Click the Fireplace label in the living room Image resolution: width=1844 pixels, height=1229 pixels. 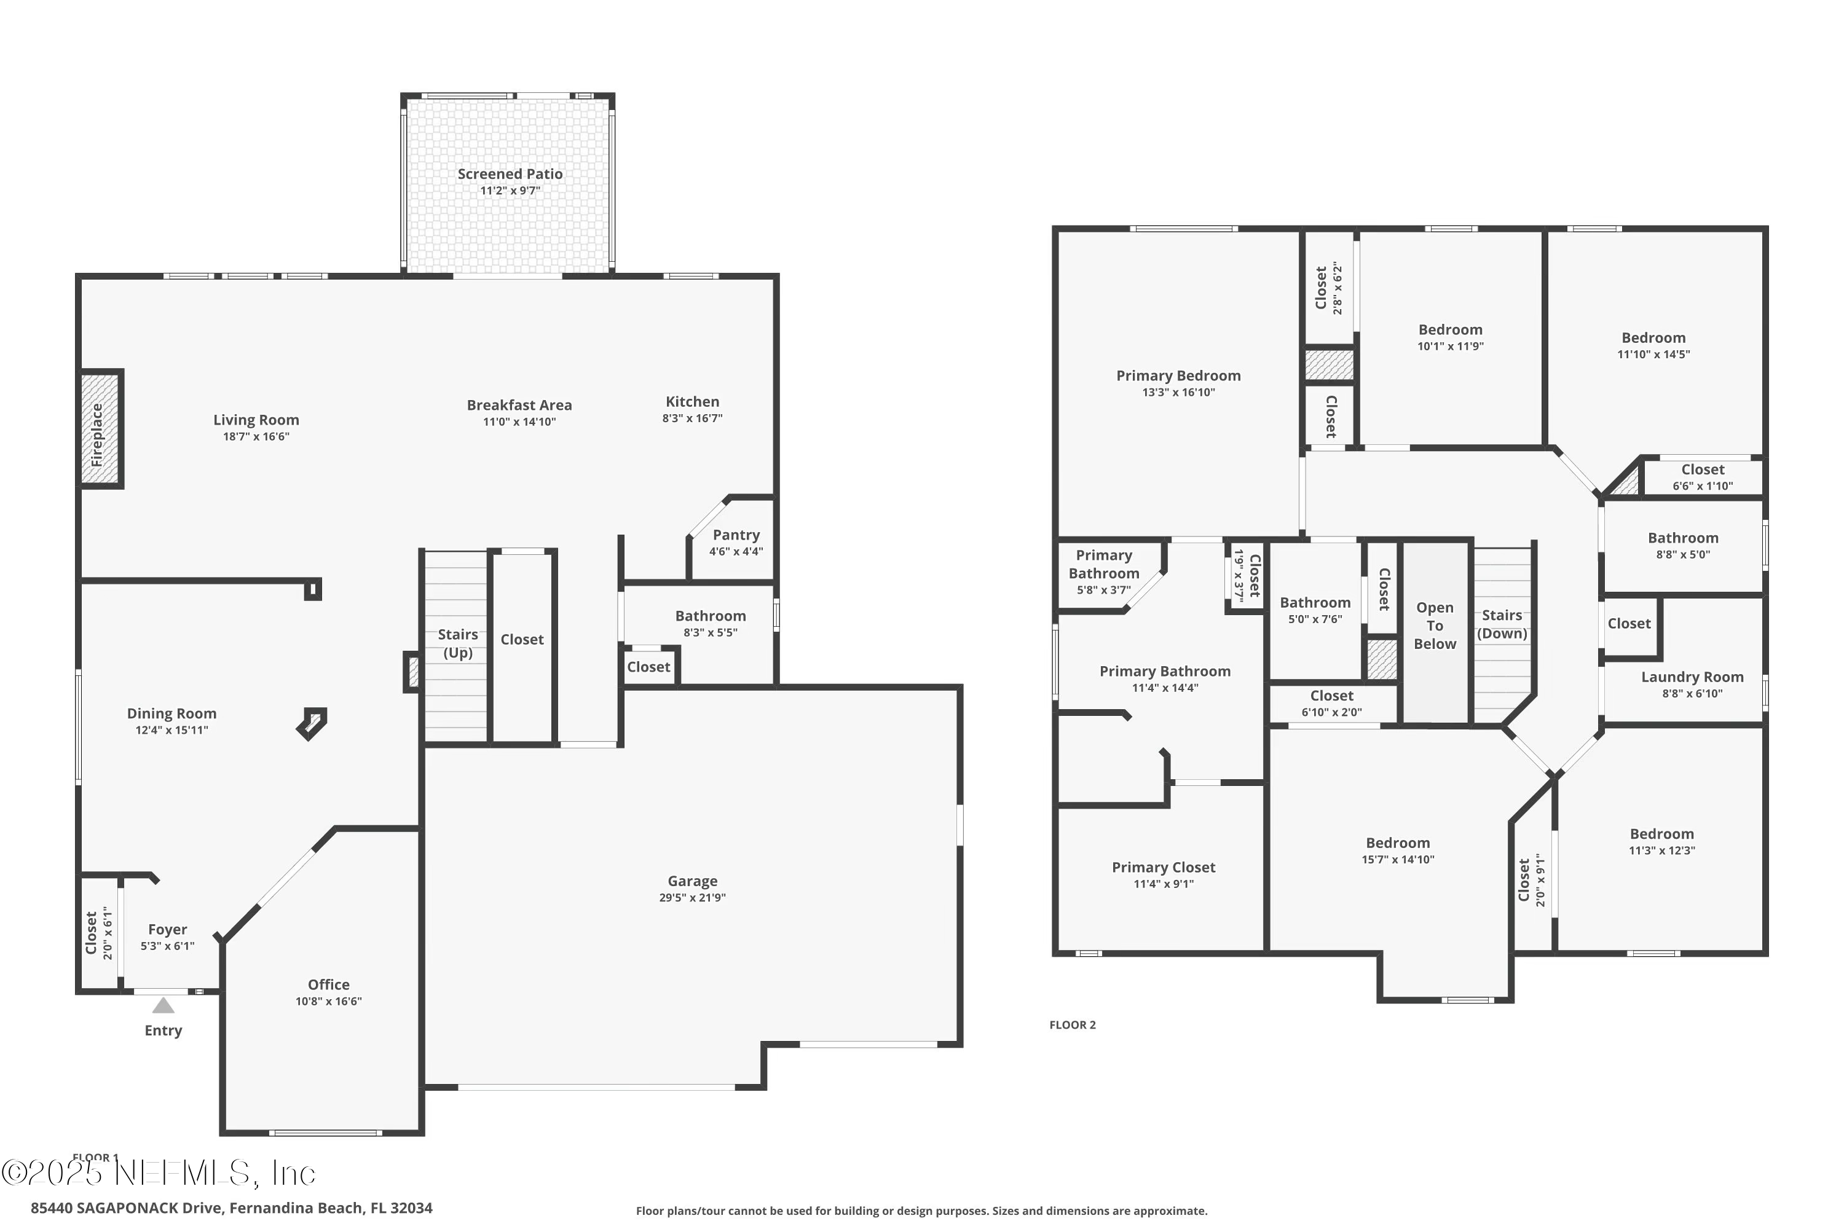[97, 435]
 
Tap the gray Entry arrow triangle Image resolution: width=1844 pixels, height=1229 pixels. [163, 1005]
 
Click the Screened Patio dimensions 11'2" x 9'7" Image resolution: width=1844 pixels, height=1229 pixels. [510, 190]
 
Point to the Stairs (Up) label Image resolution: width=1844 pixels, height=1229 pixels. [457, 643]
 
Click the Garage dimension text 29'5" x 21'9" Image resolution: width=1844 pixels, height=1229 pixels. [691, 897]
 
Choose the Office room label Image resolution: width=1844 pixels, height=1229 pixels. [328, 984]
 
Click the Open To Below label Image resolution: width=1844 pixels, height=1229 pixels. [1434, 626]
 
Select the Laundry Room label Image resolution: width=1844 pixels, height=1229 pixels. [1692, 677]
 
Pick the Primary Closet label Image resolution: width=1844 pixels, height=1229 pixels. [1163, 867]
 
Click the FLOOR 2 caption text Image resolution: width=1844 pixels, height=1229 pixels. [1072, 1024]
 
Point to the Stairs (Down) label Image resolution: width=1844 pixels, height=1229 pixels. [1502, 624]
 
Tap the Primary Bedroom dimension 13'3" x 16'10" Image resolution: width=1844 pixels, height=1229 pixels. [1178, 392]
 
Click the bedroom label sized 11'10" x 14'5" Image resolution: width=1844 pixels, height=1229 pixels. [1653, 338]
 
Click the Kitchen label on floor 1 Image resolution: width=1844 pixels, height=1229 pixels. [691, 401]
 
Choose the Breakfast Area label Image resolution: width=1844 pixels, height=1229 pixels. [519, 404]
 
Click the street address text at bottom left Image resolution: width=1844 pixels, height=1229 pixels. [231, 1208]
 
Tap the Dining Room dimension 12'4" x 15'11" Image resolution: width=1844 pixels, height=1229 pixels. [171, 730]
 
